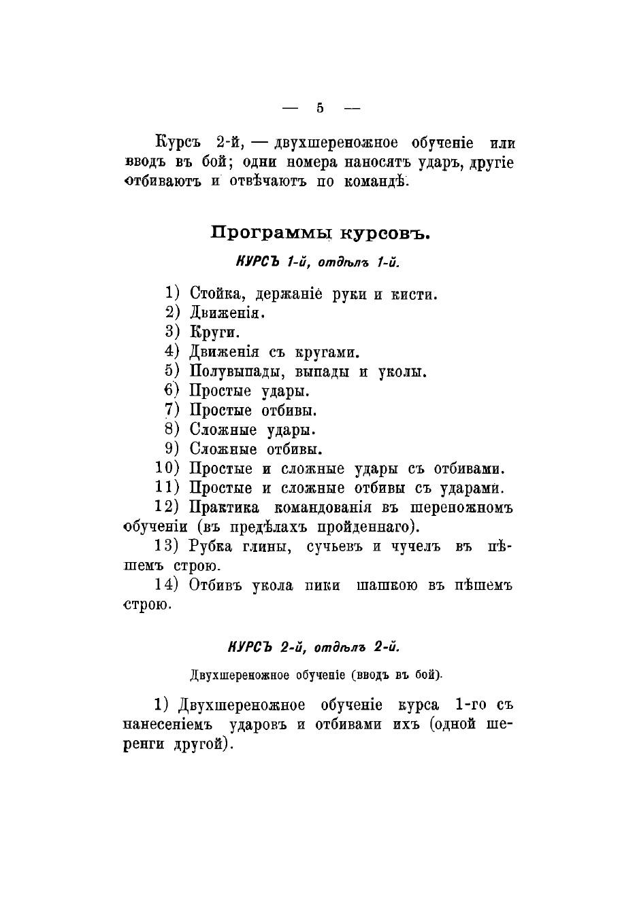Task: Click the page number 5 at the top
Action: [x=320, y=107]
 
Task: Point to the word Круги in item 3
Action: [x=214, y=333]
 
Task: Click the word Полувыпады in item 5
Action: [x=233, y=372]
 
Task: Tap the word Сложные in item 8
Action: [x=223, y=430]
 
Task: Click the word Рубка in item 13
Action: [x=212, y=546]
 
